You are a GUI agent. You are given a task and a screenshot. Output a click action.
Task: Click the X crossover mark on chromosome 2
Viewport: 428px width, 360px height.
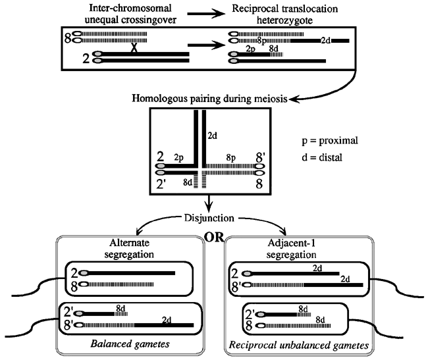click(x=134, y=47)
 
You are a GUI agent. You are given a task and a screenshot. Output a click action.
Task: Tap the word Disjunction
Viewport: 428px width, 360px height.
click(x=209, y=219)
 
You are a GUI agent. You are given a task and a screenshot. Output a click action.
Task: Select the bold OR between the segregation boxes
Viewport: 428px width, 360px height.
click(x=214, y=238)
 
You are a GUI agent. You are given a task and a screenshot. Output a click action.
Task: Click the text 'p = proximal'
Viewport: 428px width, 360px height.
click(x=330, y=141)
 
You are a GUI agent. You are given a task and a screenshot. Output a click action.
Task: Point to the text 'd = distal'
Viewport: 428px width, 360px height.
click(x=322, y=158)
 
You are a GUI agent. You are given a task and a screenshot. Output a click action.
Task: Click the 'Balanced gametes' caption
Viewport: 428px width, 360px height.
click(x=130, y=344)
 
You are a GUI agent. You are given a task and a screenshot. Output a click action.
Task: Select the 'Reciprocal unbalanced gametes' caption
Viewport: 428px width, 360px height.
click(x=299, y=346)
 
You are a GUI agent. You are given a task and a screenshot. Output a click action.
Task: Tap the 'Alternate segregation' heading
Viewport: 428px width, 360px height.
click(x=129, y=249)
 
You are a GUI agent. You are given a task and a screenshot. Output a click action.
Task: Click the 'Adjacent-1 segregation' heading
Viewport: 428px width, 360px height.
click(x=291, y=249)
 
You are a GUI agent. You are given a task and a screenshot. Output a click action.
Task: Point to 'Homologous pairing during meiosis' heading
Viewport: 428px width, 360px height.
click(x=209, y=99)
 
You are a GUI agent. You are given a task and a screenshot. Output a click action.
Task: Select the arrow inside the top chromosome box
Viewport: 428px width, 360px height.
click(x=206, y=45)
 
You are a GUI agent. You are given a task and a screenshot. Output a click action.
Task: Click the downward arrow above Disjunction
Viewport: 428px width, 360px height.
click(x=209, y=204)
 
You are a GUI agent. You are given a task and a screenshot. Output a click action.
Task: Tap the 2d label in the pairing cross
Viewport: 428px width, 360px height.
click(x=213, y=136)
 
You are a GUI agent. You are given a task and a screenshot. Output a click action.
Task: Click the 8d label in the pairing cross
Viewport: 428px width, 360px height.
click(x=188, y=182)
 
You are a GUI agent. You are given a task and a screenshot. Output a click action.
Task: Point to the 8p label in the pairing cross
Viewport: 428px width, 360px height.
click(x=231, y=158)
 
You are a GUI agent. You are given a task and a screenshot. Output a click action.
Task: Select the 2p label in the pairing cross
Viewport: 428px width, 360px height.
click(x=179, y=158)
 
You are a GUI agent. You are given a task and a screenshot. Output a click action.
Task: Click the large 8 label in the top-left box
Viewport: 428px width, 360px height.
click(x=68, y=38)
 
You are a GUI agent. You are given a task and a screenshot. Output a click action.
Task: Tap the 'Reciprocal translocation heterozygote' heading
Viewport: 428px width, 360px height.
click(x=284, y=14)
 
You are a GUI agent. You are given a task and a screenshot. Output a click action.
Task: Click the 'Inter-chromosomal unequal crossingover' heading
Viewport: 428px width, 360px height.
click(x=130, y=14)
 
